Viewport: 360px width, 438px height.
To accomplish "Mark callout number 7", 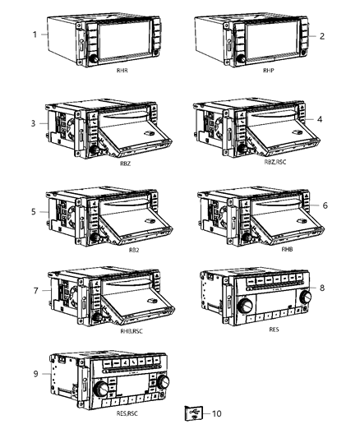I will pos(36,292).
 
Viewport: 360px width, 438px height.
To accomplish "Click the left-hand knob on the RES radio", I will pos(223,305).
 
